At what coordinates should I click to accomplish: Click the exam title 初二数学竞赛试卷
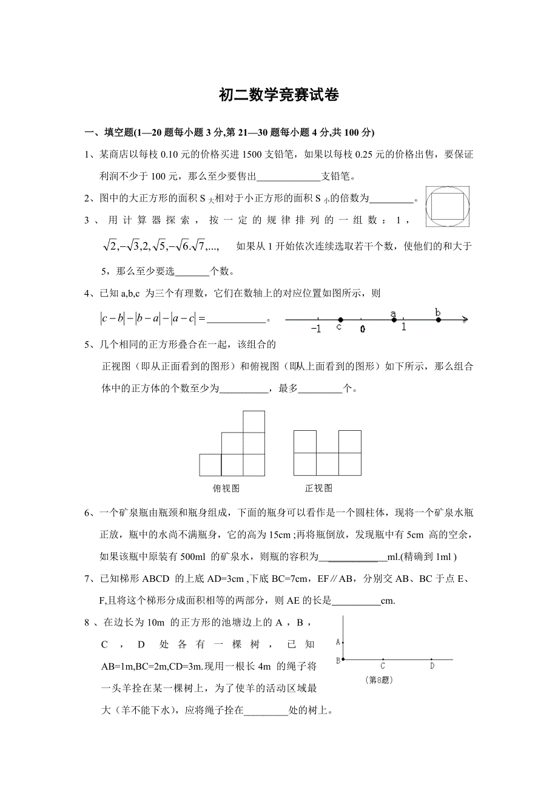point(278,95)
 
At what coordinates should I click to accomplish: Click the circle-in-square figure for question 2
point(447,206)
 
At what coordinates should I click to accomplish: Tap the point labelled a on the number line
point(394,319)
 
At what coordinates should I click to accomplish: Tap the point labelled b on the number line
point(439,319)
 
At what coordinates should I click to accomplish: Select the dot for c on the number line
point(340,320)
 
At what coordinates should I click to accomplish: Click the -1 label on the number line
point(315,329)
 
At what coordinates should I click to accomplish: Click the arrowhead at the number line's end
point(464,319)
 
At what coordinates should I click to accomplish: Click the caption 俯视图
point(226,488)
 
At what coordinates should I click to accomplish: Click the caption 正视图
point(318,488)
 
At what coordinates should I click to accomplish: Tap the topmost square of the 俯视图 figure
point(254,422)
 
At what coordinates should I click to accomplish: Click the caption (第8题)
point(380,680)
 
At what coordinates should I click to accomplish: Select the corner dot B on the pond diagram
point(344,659)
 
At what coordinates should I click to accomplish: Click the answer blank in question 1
point(289,177)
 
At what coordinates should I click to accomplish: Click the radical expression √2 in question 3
point(110,246)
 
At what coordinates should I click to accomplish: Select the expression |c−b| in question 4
point(112,317)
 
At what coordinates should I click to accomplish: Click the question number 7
point(87,578)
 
